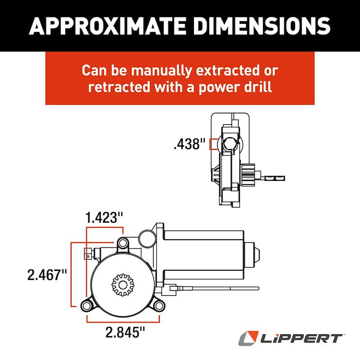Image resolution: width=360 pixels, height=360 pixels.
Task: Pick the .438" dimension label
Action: coord(189,144)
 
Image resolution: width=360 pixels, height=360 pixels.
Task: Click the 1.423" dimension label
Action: coord(104,218)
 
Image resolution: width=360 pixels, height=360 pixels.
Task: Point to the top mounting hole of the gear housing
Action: coord(122,243)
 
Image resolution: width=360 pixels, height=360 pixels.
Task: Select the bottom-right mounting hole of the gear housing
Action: coord(158,306)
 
